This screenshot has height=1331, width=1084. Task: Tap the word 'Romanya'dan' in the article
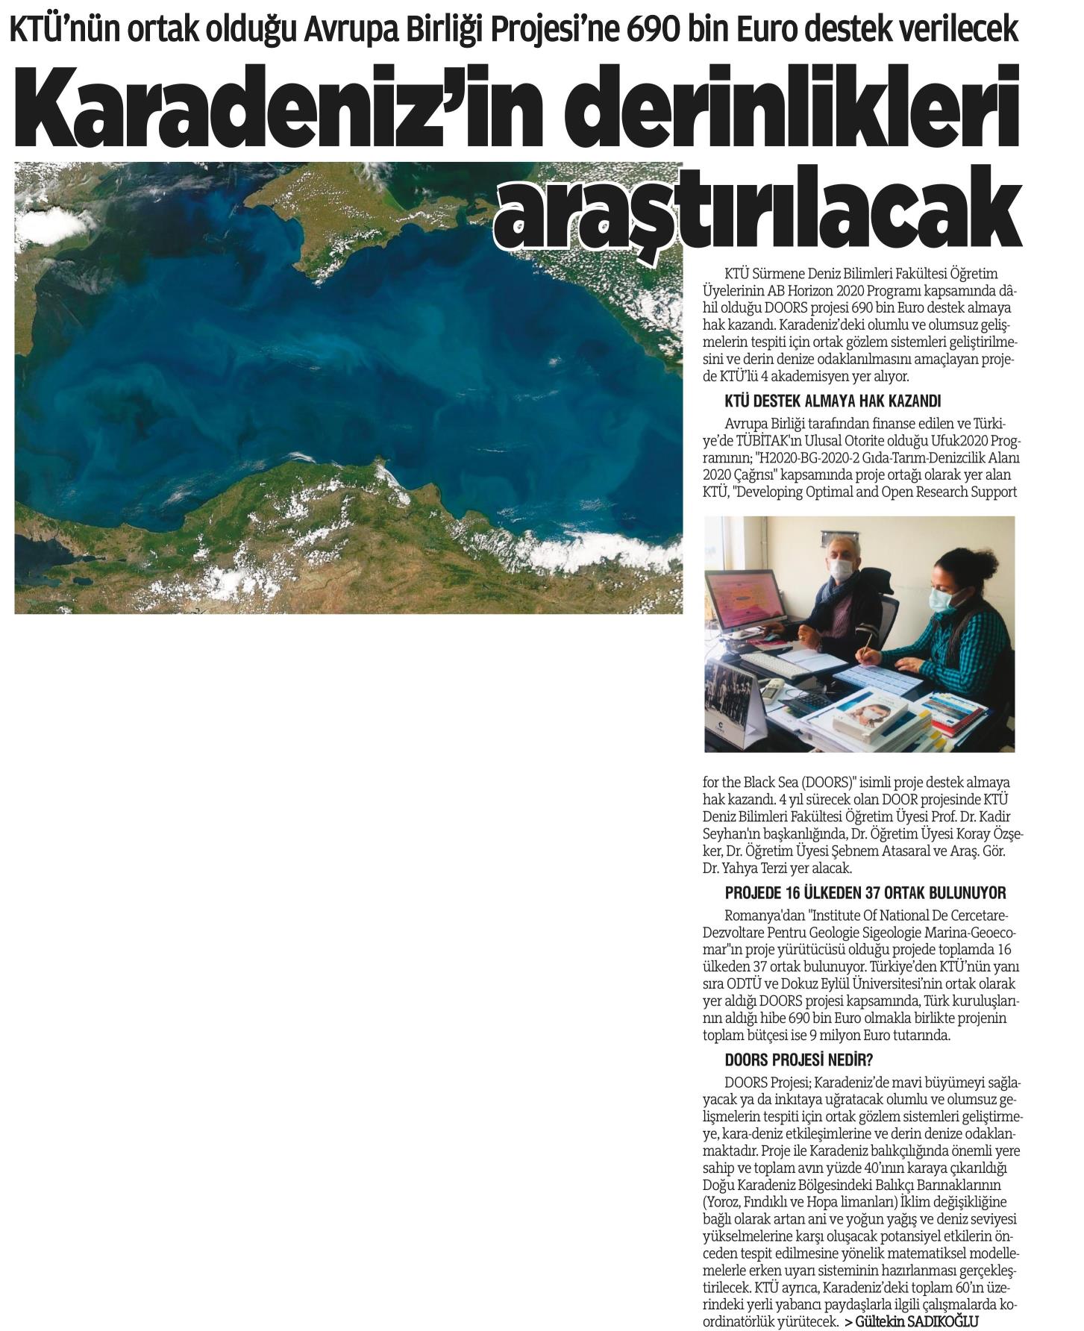[756, 915]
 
